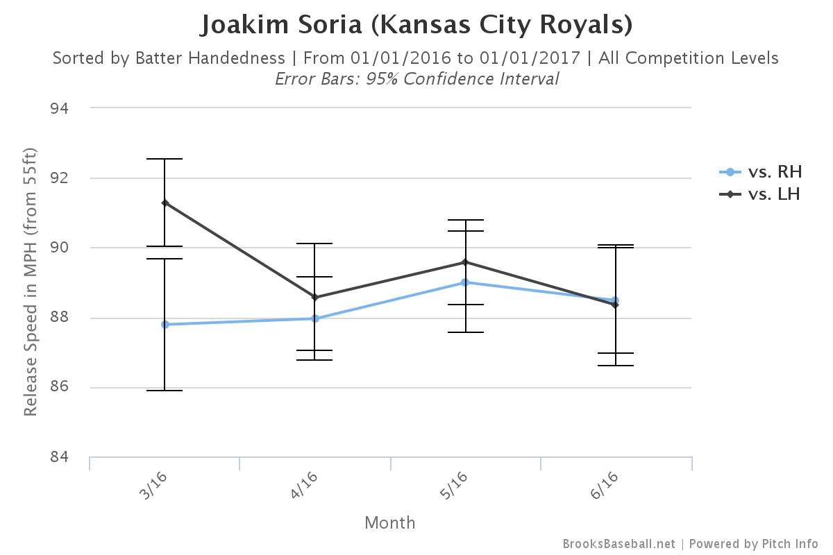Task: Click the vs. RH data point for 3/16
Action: point(165,324)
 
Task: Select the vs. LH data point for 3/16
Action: point(165,203)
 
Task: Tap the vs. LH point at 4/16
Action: point(315,297)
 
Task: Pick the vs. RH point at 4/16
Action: point(315,318)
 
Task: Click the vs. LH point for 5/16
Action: point(465,262)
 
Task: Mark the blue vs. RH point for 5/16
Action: point(465,282)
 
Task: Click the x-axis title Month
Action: point(390,522)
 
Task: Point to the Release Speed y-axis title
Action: point(30,282)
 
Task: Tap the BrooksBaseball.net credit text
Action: point(619,544)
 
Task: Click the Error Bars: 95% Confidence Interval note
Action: point(416,78)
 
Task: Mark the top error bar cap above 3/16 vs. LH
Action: point(165,159)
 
